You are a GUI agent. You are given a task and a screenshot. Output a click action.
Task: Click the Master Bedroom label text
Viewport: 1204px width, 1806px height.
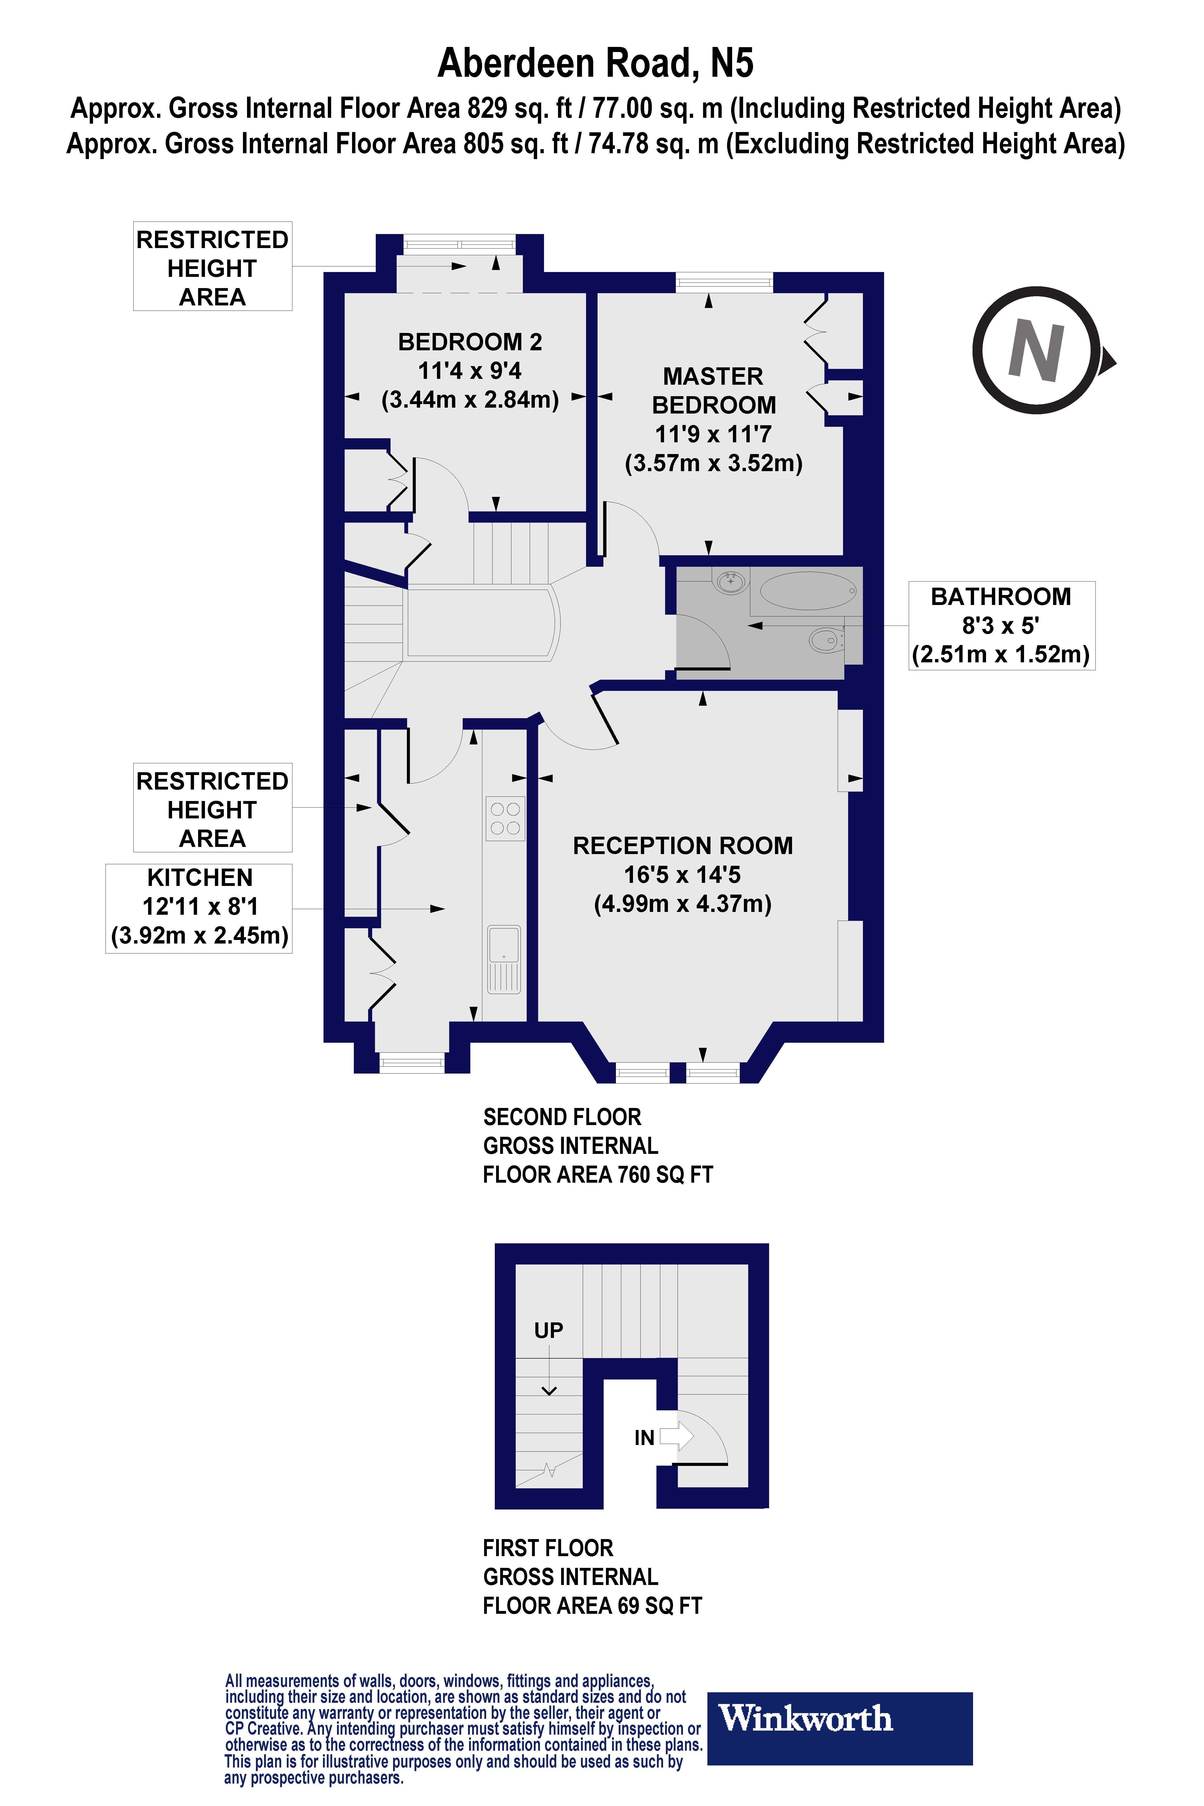tap(713, 391)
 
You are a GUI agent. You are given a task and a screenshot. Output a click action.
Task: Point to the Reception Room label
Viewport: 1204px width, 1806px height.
tap(683, 845)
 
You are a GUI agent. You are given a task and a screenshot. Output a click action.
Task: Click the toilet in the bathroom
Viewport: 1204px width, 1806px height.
tap(825, 639)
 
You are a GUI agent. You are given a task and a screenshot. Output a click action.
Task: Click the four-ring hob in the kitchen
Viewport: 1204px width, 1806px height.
tap(505, 819)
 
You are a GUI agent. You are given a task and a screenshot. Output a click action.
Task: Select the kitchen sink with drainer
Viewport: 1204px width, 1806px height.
tap(504, 959)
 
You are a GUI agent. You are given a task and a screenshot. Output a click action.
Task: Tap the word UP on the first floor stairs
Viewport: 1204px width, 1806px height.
tap(548, 1330)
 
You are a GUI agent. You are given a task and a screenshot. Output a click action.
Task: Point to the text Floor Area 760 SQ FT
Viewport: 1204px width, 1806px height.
tap(597, 1175)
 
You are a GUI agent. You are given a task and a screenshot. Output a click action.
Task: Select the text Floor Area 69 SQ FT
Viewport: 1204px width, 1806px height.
tap(592, 1606)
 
